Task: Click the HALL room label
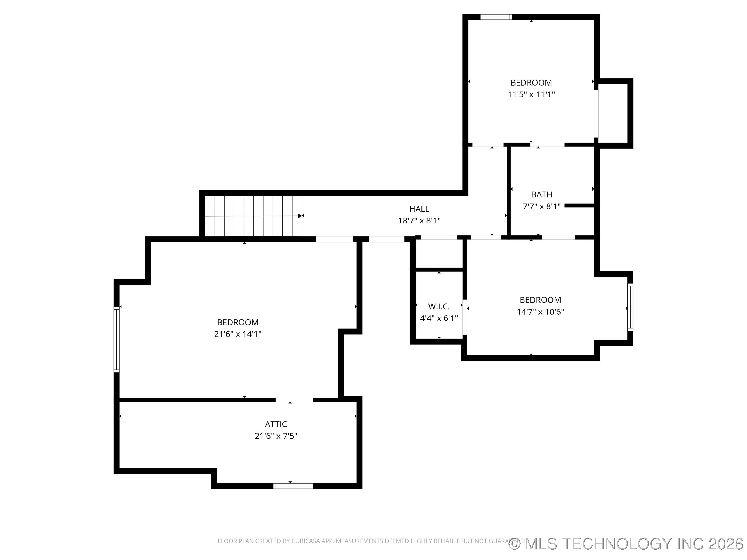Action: point(419,209)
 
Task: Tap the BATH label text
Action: point(541,194)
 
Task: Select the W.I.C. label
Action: point(439,306)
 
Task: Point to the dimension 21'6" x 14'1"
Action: point(238,334)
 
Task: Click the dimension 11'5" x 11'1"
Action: point(531,95)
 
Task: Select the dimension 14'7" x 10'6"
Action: point(540,312)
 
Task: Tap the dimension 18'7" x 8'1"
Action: point(419,220)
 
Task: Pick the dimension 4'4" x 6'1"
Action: point(439,318)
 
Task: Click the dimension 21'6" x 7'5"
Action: point(276,436)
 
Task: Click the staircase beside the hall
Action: point(253,216)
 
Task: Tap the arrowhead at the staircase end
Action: point(300,216)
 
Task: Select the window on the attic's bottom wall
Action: point(293,486)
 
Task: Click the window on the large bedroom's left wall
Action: point(116,339)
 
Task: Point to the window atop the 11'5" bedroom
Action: point(496,17)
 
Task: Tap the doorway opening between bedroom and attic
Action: point(294,400)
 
